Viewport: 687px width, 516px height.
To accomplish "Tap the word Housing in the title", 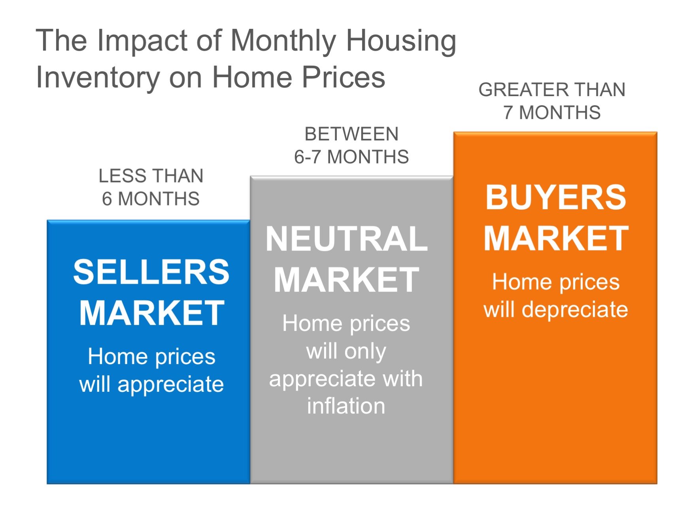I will coord(401,41).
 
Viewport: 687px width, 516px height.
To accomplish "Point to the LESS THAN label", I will coord(151,176).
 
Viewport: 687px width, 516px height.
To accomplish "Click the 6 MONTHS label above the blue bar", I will coord(151,199).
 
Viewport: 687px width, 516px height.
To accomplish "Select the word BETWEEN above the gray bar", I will coord(351,134).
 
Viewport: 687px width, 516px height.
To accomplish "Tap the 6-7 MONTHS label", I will coord(351,157).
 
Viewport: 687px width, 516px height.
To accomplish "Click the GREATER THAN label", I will coord(552,90).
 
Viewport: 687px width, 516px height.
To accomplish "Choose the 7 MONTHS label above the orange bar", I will coord(552,113).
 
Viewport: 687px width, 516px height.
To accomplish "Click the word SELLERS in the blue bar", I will coord(151,272).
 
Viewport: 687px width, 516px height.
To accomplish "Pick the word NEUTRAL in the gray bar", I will coord(346,239).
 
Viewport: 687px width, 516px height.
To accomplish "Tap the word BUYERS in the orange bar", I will coord(556,197).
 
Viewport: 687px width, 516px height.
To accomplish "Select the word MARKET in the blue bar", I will coord(152,313).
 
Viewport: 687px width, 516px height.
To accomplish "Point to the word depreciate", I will coord(575,309).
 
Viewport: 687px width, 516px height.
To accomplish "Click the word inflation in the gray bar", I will coord(346,406).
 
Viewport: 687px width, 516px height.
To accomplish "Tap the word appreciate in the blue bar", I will coord(170,384).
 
